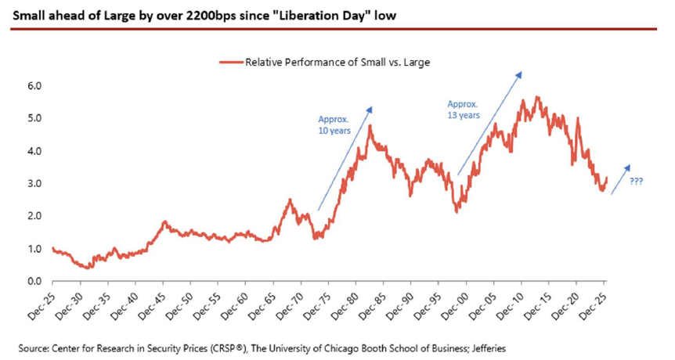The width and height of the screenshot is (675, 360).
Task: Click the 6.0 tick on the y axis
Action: click(x=35, y=86)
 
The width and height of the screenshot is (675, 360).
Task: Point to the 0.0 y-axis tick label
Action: click(x=35, y=281)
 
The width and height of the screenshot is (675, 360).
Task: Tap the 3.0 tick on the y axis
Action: click(x=35, y=184)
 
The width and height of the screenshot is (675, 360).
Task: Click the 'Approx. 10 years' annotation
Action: click(x=334, y=124)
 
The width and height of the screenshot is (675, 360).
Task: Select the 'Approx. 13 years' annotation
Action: click(x=464, y=110)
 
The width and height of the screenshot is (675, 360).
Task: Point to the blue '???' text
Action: click(x=636, y=182)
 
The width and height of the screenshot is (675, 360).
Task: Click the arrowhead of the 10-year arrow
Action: click(x=370, y=110)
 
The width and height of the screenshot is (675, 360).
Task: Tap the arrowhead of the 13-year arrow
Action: click(x=519, y=74)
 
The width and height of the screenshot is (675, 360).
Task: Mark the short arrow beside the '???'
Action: click(x=620, y=179)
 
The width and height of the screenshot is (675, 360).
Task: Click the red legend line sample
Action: click(x=231, y=63)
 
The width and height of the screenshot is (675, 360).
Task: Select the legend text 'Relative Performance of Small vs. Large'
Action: click(x=337, y=63)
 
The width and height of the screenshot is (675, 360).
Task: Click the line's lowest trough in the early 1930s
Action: click(x=88, y=268)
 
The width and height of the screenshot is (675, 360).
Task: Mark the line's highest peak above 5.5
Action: click(x=537, y=97)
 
